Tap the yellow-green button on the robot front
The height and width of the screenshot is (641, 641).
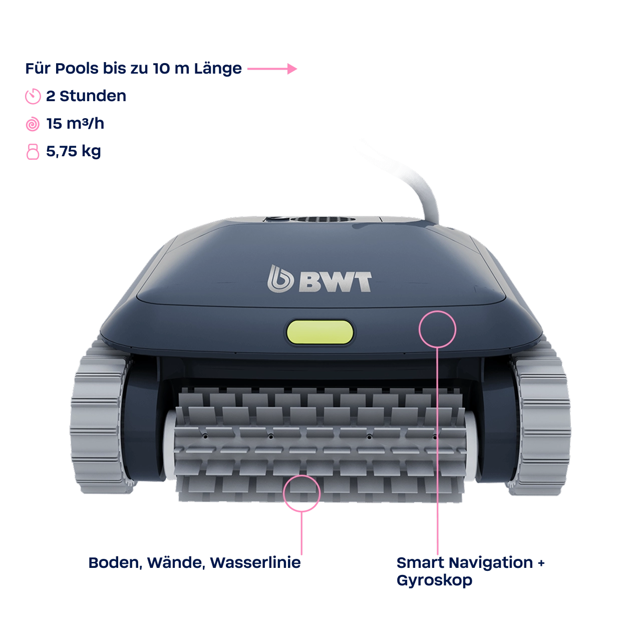tap(319, 332)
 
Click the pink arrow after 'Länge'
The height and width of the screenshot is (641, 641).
tap(272, 69)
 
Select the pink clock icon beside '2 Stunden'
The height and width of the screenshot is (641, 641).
tap(33, 96)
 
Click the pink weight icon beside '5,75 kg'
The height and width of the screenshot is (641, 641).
tap(33, 151)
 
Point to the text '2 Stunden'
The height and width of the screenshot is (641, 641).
tap(86, 96)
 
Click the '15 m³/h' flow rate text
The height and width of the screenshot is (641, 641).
tap(75, 124)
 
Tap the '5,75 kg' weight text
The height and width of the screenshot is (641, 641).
tap(74, 151)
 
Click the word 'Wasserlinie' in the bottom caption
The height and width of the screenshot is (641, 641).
tap(255, 562)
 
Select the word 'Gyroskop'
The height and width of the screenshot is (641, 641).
tap(434, 581)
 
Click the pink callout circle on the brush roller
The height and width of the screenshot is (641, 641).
tap(301, 493)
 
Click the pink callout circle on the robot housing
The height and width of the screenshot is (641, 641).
tap(437, 329)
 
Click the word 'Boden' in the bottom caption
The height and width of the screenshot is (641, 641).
tap(114, 562)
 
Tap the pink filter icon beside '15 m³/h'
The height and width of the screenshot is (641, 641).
tap(33, 124)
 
